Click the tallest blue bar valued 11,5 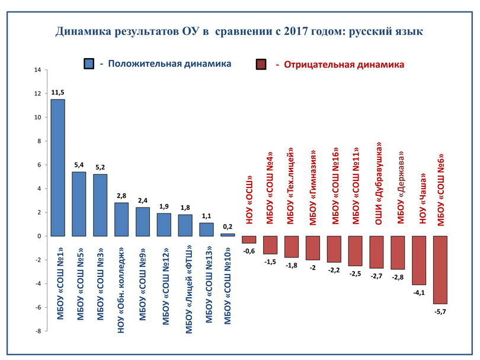(x=57, y=167)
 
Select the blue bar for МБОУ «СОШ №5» (x=79, y=204)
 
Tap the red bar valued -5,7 (x=440, y=270)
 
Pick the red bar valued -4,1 (x=419, y=260)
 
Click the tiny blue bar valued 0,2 (x=228, y=235)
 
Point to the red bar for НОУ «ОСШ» (x=249, y=240)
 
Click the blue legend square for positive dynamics (x=90, y=64)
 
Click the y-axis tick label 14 (x=37, y=70)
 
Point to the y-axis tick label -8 (x=37, y=331)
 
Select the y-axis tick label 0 (x=39, y=236)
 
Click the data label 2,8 (x=121, y=196)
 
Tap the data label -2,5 (x=355, y=273)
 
